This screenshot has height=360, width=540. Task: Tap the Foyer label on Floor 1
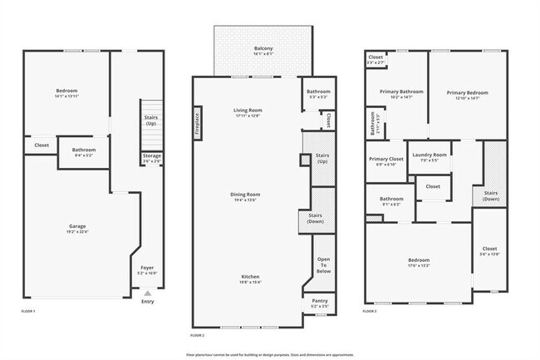pyautogui.click(x=147, y=268)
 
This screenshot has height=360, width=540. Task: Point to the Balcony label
pyautogui.click(x=263, y=48)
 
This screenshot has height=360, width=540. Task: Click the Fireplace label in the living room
pyautogui.click(x=197, y=122)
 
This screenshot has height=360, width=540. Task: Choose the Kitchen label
pyautogui.click(x=251, y=276)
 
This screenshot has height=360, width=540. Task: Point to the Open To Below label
pyautogui.click(x=323, y=265)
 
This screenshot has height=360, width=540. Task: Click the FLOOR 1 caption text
pyautogui.click(x=27, y=311)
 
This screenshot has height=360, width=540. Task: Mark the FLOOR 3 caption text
pyautogui.click(x=370, y=311)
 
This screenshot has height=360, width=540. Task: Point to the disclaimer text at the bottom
pyautogui.click(x=270, y=353)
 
